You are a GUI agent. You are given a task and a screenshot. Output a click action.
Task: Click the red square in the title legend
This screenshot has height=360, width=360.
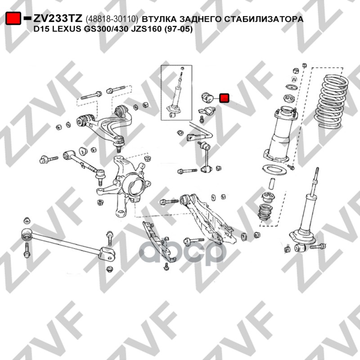tap(13, 18)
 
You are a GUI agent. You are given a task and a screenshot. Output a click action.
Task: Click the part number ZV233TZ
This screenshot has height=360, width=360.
tap(58, 18)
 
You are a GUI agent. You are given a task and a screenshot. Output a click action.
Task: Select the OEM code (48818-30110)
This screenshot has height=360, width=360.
tap(112, 19)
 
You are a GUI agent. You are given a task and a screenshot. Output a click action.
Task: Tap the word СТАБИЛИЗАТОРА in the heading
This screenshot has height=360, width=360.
tap(264, 19)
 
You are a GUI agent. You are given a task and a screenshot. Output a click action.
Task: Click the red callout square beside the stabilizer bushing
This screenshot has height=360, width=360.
tap(224, 98)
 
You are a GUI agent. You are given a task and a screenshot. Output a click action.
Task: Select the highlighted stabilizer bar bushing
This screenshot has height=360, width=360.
tap(207, 98)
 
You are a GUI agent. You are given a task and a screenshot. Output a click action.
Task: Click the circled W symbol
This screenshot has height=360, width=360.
tap(294, 79)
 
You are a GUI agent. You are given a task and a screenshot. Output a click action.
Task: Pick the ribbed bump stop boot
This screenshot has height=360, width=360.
tap(265, 212)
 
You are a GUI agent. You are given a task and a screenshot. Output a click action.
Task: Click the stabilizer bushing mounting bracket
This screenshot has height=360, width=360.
tap(207, 112)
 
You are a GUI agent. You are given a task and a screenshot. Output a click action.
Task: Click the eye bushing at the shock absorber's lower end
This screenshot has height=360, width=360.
tap(299, 247)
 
